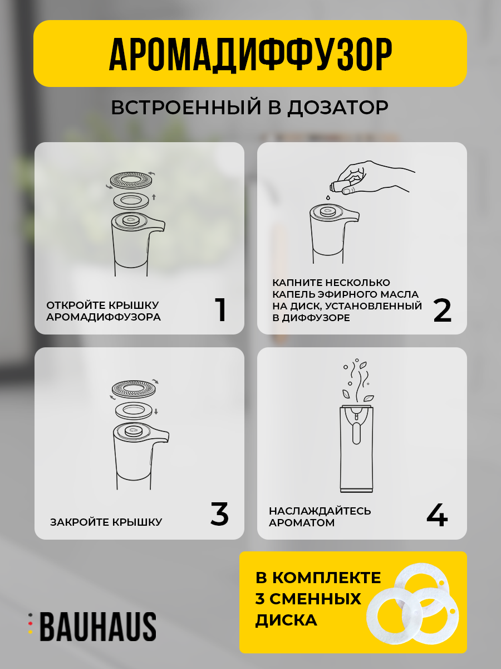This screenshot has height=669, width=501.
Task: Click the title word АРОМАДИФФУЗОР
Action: tap(250, 55)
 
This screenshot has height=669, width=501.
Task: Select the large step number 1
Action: tap(220, 309)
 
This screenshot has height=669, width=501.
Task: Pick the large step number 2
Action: tap(443, 311)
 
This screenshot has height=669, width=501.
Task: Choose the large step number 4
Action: tap(437, 515)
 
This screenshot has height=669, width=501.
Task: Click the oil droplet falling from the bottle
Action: tap(328, 197)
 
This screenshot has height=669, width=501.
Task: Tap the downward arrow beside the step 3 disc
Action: tap(156, 412)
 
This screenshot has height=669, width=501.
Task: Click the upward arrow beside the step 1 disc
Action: tap(154, 197)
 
